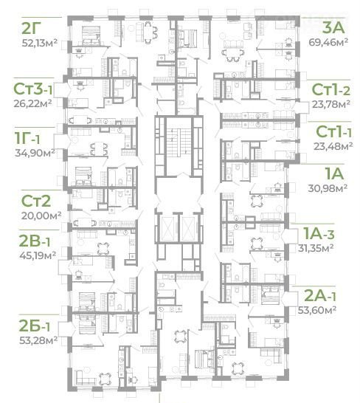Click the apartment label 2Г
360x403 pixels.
31,29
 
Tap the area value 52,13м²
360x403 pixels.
39,43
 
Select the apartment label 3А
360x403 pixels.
333,28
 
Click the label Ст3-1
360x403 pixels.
32,89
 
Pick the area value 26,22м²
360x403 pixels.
33,103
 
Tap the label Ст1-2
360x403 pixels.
330,90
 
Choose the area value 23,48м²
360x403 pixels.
333,146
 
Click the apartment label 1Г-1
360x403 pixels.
27,139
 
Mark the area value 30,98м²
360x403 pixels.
328,188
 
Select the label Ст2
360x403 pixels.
36,201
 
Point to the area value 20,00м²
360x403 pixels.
41,216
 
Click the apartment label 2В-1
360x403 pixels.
35,241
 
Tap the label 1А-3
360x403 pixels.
319,234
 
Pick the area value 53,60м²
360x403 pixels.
317,310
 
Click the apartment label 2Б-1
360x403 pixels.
35,326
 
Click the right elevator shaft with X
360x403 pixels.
189,227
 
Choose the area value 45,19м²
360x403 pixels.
38,255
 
